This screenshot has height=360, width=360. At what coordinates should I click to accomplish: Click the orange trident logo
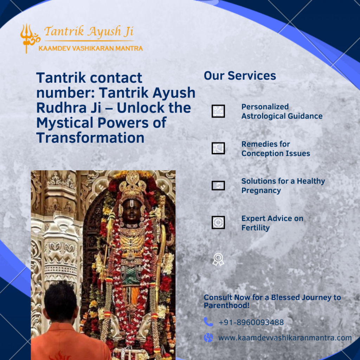29,38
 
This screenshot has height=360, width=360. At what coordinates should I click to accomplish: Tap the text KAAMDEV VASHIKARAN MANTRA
91,49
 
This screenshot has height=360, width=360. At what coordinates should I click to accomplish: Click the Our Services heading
240,76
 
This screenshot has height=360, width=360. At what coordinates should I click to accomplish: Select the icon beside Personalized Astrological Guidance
218,111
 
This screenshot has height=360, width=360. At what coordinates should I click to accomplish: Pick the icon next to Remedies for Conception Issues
218,148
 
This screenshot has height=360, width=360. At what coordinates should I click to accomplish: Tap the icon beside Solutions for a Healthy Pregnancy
218,186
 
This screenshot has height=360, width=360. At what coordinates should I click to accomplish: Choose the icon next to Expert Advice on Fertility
218,223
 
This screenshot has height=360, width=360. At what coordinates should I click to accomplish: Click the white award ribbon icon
218,259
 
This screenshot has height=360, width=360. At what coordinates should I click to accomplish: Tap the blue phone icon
208,322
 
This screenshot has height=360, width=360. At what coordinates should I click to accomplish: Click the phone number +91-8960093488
251,322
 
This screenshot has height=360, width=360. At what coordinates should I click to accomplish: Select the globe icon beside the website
208,338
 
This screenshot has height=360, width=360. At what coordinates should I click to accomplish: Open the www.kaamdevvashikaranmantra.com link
285,338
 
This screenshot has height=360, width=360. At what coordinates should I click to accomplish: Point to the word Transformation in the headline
90,137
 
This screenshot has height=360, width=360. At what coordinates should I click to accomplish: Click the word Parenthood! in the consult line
227,306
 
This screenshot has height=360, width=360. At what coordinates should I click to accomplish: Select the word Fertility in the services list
256,228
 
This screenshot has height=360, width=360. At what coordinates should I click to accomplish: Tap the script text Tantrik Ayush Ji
89,31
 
